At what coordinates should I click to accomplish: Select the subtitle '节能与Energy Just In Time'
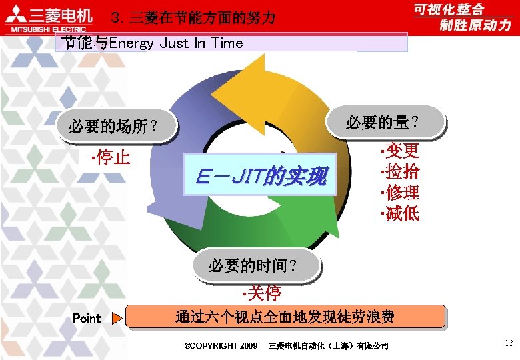[x=152, y=43]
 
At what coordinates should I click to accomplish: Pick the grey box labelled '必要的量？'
[x=383, y=122]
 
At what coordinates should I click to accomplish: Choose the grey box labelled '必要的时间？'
[x=254, y=265]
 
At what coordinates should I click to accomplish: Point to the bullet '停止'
[x=110, y=158]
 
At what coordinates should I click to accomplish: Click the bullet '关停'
[x=262, y=293]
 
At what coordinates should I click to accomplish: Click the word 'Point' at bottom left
[x=86, y=319]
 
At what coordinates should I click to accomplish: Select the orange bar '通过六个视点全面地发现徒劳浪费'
[x=285, y=317]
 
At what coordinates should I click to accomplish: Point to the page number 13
[x=509, y=343]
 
